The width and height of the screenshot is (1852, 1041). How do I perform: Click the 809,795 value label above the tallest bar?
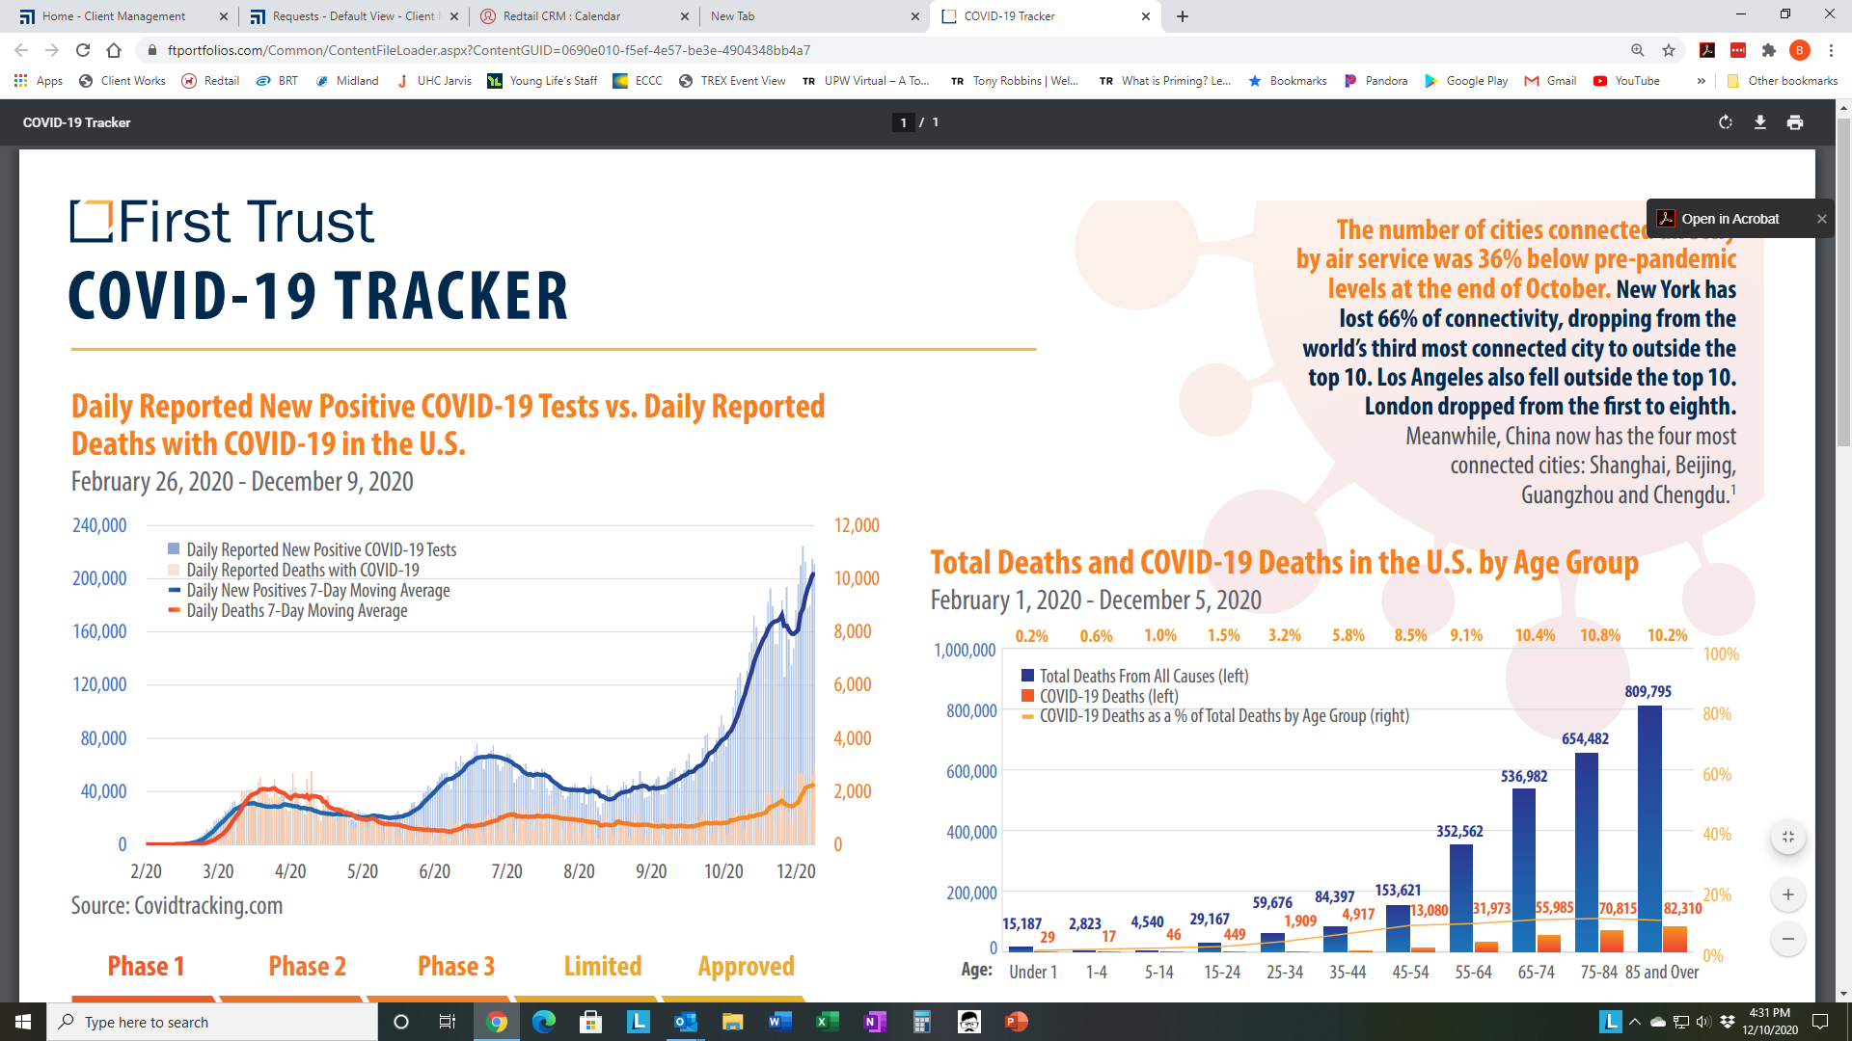coord(1648,691)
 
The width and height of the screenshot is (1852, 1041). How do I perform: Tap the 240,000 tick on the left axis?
coord(99,525)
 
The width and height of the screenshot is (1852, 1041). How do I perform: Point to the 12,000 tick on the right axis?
coord(857,525)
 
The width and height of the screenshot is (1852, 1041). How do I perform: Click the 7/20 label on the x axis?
coord(506,871)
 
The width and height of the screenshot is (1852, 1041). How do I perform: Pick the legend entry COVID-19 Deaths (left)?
coord(1100,696)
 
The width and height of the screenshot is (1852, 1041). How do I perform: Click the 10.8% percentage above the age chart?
coord(1600,635)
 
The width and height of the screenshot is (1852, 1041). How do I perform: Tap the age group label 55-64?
coord(1473,972)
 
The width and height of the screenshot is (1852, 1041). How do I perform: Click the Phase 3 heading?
coord(456,966)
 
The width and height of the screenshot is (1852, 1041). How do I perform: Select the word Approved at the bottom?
coord(747,967)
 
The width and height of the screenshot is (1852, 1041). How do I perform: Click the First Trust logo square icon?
coord(92,221)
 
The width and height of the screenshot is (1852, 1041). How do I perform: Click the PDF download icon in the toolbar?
coord(1760,122)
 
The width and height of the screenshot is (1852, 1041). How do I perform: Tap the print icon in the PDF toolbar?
coord(1795,122)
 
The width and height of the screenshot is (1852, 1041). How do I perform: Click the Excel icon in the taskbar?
coord(827,1022)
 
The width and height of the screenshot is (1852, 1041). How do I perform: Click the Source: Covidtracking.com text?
coord(177,906)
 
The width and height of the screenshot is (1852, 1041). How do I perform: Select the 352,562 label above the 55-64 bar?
coord(1459,831)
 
